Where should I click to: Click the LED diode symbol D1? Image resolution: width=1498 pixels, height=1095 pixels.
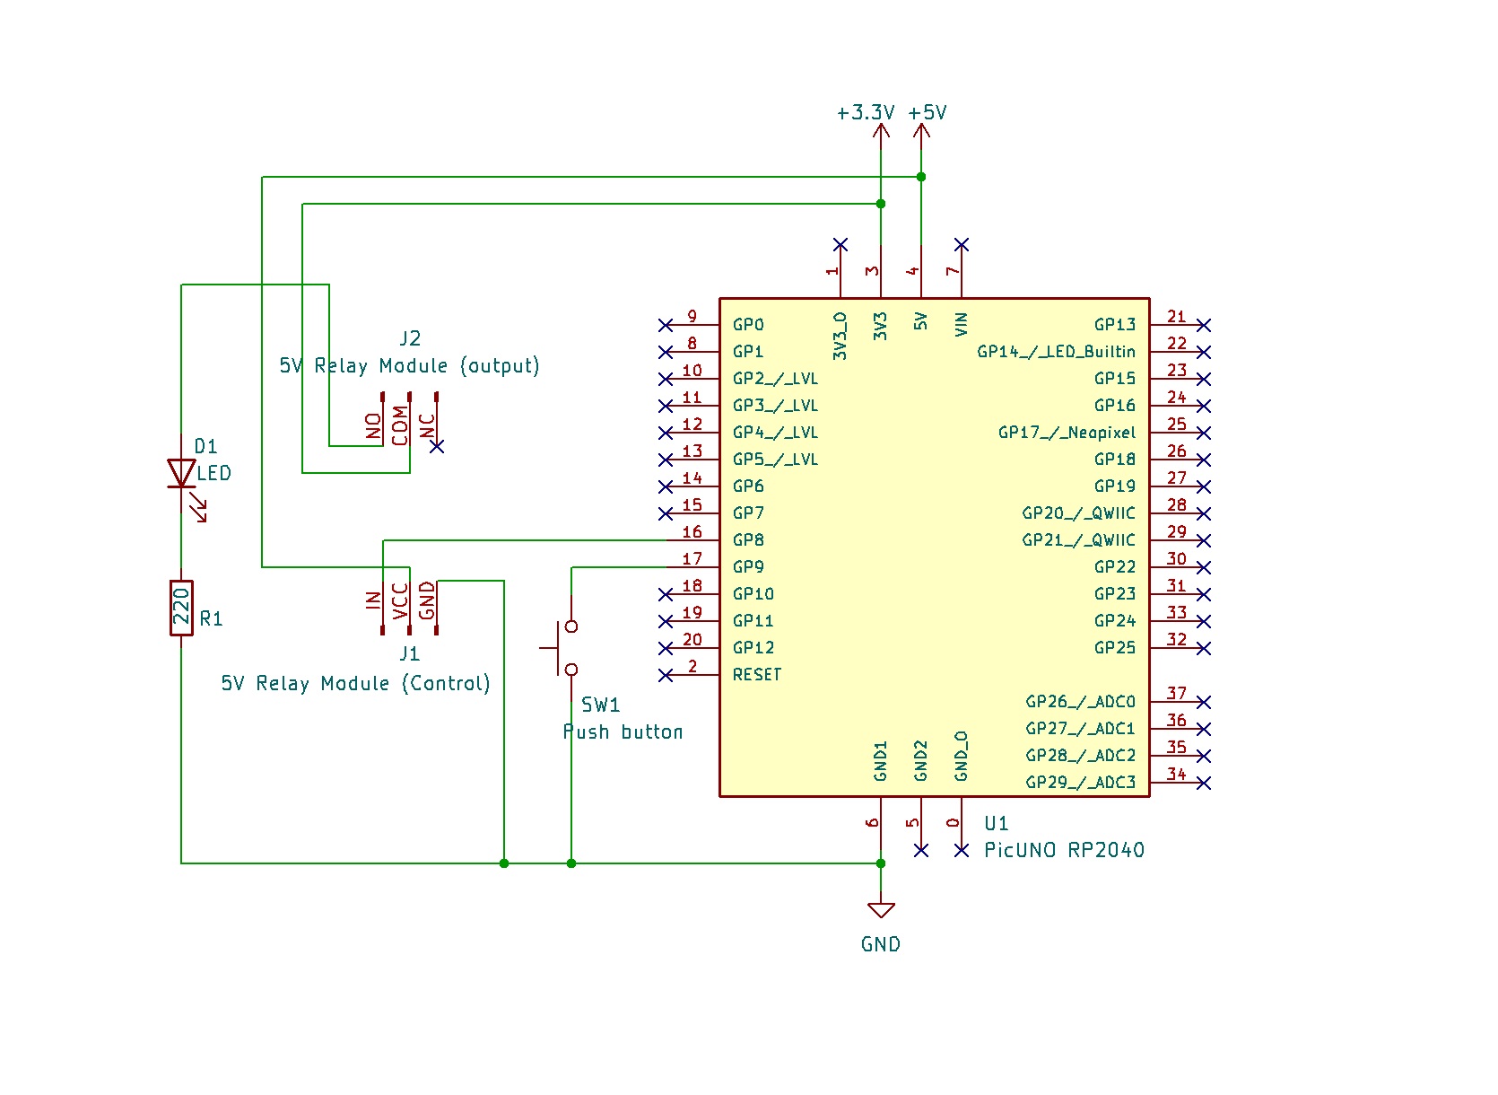coord(181,473)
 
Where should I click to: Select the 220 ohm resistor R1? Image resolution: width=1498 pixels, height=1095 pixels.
coord(181,608)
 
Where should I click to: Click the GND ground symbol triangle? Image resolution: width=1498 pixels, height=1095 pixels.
coord(881,911)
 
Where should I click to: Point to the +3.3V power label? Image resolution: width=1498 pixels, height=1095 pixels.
coord(866,113)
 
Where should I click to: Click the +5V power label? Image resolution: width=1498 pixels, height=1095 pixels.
coord(928,113)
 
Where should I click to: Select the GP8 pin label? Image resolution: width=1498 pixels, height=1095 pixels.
coord(748,540)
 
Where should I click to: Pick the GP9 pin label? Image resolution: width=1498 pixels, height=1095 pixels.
coord(748,567)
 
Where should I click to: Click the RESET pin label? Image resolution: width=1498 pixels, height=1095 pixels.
coord(757,675)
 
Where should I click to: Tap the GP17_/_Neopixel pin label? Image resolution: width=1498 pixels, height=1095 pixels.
coord(1067,433)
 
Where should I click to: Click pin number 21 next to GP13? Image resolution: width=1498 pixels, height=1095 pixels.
coord(1177,317)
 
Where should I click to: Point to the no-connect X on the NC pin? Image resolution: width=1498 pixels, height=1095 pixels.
coord(437,446)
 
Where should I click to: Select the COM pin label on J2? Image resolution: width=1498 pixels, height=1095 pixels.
coord(400,425)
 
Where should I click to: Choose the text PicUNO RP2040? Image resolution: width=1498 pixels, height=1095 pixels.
coord(1064,850)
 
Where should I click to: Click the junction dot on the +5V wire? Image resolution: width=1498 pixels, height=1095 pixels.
coord(921,177)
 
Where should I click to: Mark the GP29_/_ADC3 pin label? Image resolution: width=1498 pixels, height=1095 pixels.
coord(1080,783)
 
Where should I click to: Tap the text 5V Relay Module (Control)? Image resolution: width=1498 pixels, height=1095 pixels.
coord(355,684)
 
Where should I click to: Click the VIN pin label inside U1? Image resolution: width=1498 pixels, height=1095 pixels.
coord(962,324)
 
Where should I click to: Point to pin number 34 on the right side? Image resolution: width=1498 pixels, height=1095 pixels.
coord(1177,775)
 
